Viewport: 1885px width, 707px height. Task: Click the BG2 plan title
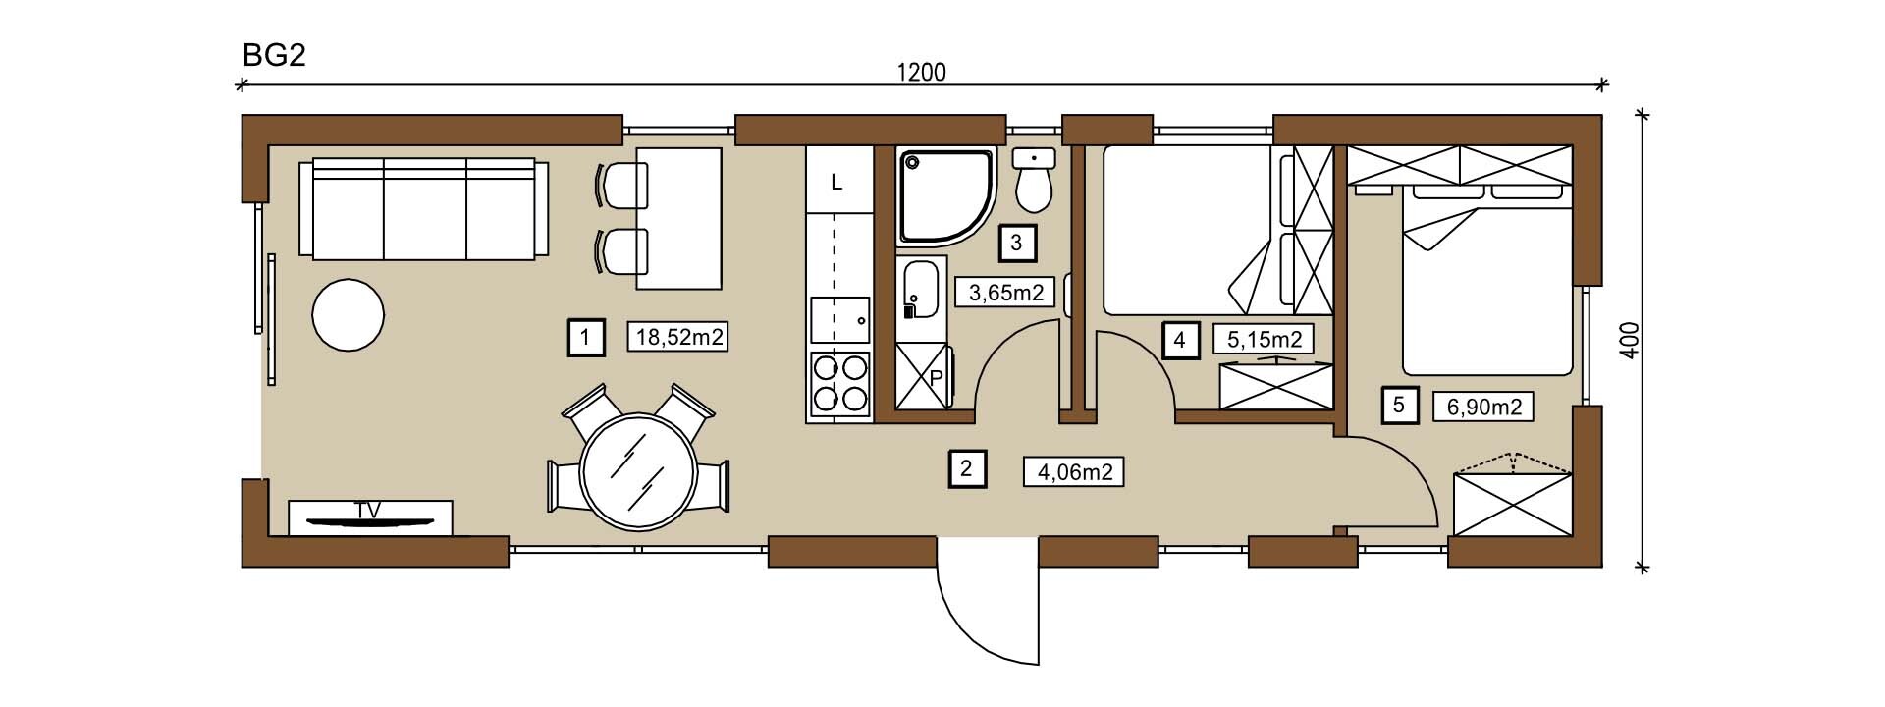(275, 55)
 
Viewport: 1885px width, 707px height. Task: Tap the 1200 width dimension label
(922, 73)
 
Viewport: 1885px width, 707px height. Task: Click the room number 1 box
(585, 338)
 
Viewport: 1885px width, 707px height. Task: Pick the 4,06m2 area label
(1074, 472)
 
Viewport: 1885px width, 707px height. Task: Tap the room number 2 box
(966, 468)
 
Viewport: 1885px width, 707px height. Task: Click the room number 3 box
(1016, 243)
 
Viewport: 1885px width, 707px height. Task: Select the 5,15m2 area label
(1265, 339)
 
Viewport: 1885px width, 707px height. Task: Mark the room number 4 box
(1179, 340)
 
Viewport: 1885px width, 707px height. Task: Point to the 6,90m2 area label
(1483, 406)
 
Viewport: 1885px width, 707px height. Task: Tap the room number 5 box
(1399, 405)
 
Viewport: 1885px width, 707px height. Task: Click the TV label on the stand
(368, 510)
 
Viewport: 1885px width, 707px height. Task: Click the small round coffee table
(348, 315)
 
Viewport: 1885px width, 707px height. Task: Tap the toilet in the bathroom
(1033, 181)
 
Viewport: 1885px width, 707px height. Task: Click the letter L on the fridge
(836, 182)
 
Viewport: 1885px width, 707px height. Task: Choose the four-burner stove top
(840, 383)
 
